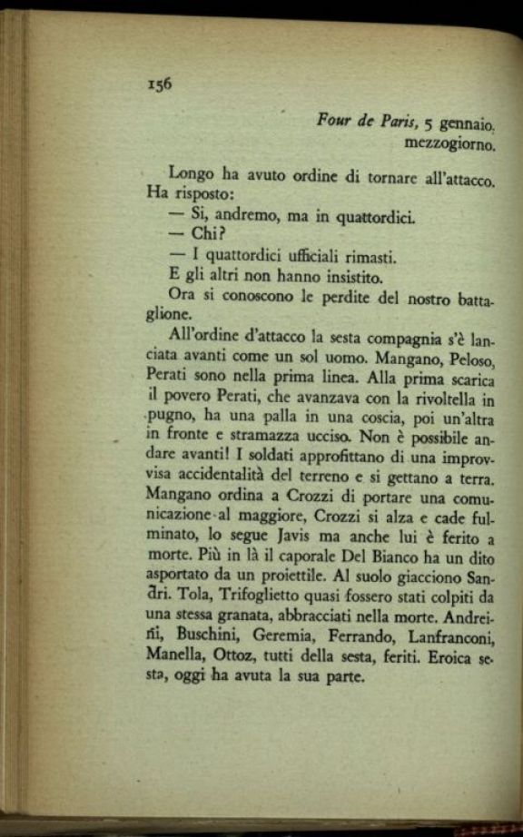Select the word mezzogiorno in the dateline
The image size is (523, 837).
coord(450,143)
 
